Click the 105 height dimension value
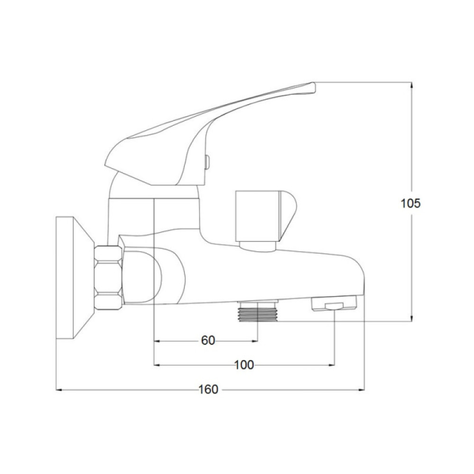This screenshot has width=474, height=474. pyautogui.click(x=410, y=203)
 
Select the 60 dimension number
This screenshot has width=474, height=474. pyautogui.click(x=208, y=341)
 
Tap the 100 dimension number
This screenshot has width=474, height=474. pyautogui.click(x=244, y=365)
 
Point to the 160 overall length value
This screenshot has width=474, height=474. pyautogui.click(x=208, y=389)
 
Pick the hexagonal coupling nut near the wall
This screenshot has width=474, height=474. pyautogui.click(x=108, y=277)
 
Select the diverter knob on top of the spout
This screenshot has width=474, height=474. pyautogui.click(x=266, y=221)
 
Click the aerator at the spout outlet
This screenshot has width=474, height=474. pyautogui.click(x=334, y=303)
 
